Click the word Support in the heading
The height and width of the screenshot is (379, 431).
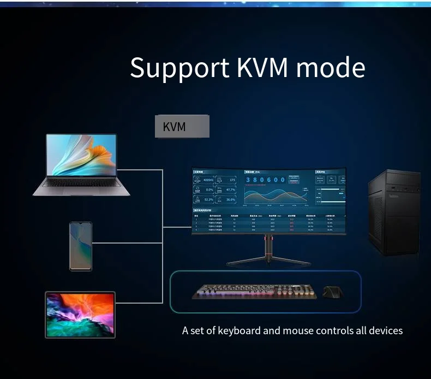179,68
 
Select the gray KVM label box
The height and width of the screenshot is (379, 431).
182,126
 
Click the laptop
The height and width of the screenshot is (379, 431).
82,164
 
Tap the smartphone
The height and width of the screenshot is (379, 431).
81,246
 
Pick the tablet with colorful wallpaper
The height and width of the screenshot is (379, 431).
80,315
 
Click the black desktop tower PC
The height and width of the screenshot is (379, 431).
394,213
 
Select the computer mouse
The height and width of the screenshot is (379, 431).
332,293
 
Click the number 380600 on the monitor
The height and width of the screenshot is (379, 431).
265,180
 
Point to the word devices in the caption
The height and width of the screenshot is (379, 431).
386,330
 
